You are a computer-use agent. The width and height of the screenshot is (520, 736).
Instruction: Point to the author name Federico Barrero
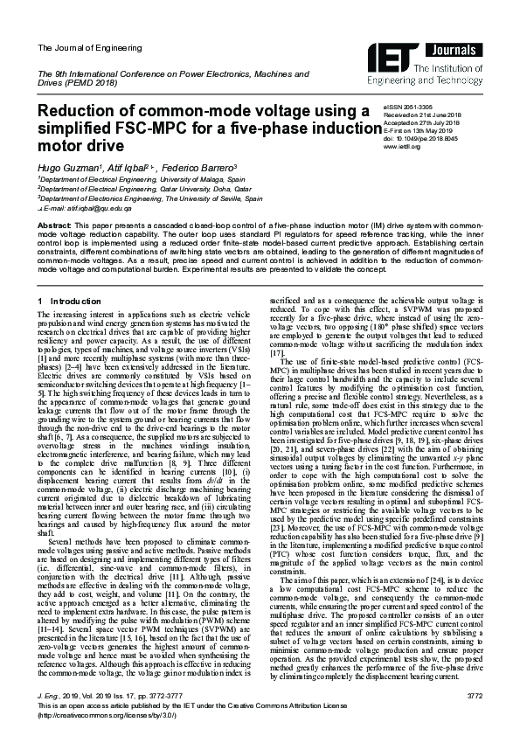pos(193,166)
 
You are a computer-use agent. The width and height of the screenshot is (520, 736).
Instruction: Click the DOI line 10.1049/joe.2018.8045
pos(420,138)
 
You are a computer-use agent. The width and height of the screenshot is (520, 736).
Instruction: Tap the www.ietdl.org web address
pos(402,147)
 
